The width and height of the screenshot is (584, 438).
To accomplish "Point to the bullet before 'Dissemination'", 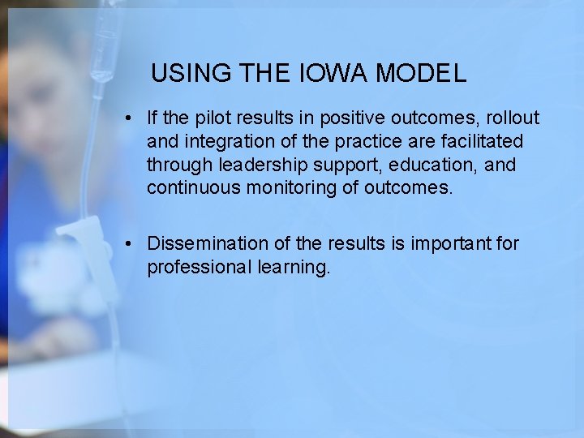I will pos(130,244).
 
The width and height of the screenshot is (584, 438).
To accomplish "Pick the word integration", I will pos(225,142).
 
